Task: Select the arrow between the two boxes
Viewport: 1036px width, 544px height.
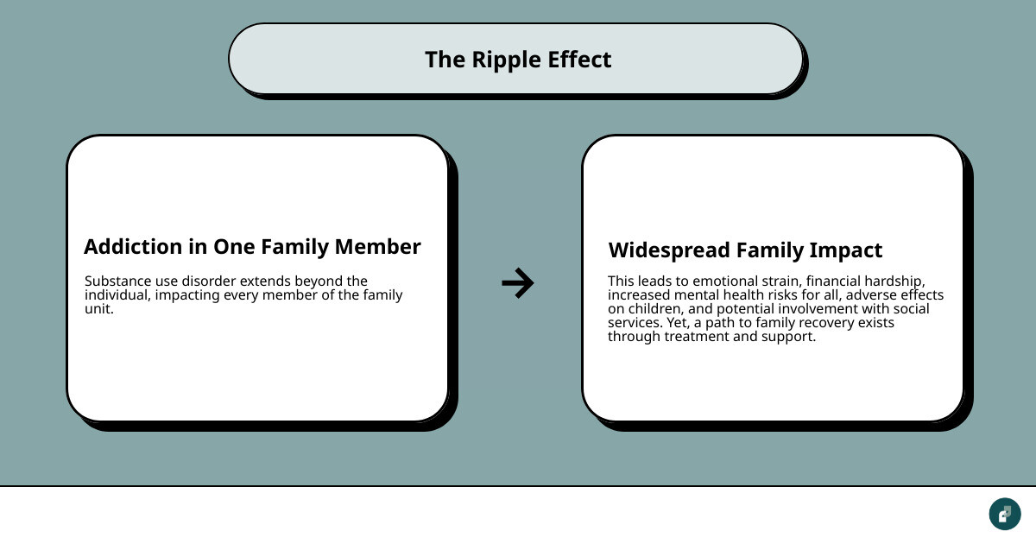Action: (x=518, y=282)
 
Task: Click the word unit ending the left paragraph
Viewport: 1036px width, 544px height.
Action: (x=98, y=309)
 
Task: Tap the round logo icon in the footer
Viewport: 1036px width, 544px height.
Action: (x=1004, y=514)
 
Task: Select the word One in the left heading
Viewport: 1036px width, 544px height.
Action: (x=233, y=247)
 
